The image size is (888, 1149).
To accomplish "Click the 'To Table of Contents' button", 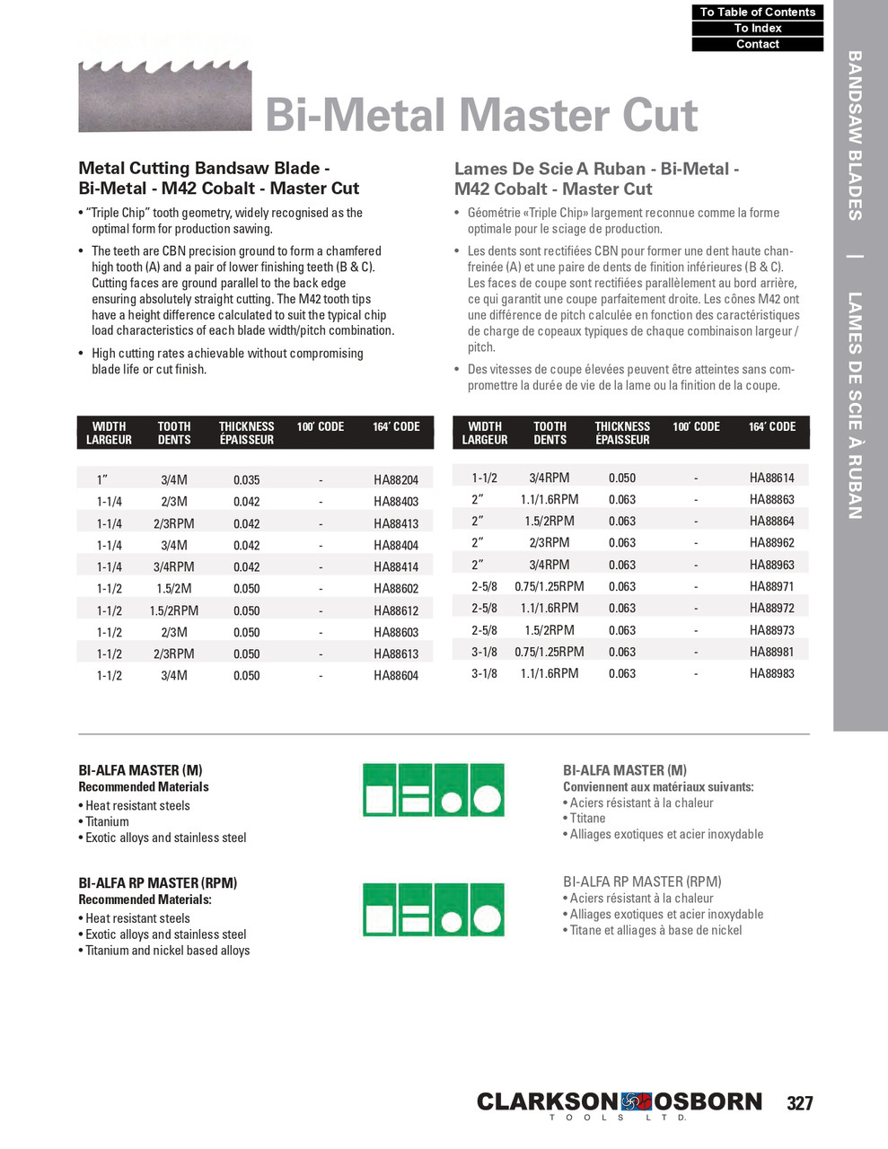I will pos(757,12).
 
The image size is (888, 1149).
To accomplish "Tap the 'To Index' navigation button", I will pos(757,28).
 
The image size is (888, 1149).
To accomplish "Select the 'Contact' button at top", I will pos(757,44).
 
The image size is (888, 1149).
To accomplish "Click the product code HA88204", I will pos(396,480).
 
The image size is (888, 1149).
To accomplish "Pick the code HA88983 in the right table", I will pos(771,673).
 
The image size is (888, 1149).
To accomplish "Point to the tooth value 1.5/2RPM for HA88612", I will pos(174,610).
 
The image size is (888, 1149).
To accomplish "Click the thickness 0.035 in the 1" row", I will pos(246,480).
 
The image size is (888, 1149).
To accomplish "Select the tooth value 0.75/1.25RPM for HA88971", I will pos(549,586).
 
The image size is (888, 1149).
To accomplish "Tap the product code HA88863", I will pos(771,499).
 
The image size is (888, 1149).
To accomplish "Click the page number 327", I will pos(799,1103).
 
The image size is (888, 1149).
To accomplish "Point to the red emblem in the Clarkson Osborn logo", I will pos(636,1101).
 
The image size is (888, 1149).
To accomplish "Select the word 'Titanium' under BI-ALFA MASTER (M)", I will pos(107,821).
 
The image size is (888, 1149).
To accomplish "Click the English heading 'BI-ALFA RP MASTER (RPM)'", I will pos(157,883).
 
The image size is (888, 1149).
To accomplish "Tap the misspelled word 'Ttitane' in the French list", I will pos(587,818).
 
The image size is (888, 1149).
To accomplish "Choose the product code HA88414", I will pos(396,567).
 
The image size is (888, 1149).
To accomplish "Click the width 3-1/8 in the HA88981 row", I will pos(484,652).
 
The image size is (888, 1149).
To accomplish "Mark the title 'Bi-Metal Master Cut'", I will pos(481,115).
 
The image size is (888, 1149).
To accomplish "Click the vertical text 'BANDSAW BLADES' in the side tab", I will pos(855,135).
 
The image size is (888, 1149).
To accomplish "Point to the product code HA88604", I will pos(396,676).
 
